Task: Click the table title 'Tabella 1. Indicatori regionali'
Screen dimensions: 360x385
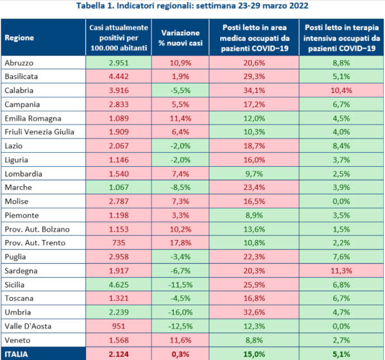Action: click(x=192, y=6)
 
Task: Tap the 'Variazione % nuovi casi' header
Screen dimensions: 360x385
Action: click(x=180, y=37)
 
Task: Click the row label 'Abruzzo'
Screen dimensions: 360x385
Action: click(x=19, y=63)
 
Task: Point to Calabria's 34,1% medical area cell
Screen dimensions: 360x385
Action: click(x=253, y=90)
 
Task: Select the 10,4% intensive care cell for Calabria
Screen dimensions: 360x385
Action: click(x=341, y=90)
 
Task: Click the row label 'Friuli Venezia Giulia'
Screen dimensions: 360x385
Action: click(x=39, y=132)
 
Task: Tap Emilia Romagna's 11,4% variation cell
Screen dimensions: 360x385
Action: click(x=180, y=119)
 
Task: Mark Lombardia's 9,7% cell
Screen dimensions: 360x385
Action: click(x=253, y=174)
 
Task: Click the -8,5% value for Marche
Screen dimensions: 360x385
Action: click(x=180, y=188)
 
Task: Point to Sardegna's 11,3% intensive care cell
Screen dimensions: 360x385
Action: click(x=341, y=271)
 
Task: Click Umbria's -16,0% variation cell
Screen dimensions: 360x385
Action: click(x=180, y=313)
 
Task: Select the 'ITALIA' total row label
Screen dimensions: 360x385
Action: click(x=17, y=354)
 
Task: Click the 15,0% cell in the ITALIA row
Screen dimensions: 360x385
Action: click(x=253, y=354)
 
